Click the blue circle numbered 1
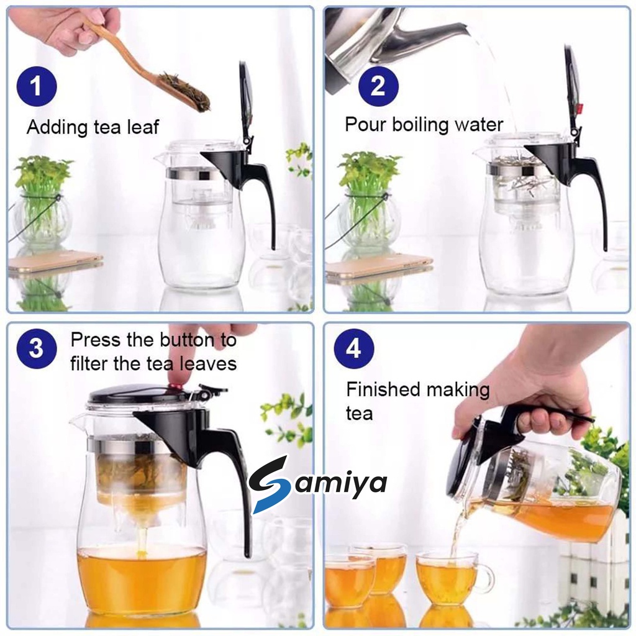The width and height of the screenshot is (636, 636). point(37,86)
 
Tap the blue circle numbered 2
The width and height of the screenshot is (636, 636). point(378,86)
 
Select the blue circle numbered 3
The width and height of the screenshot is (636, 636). point(37,348)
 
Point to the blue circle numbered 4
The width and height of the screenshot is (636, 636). point(353,348)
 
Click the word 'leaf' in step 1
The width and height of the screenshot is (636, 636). point(142,127)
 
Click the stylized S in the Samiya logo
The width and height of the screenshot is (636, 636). point(269,484)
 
